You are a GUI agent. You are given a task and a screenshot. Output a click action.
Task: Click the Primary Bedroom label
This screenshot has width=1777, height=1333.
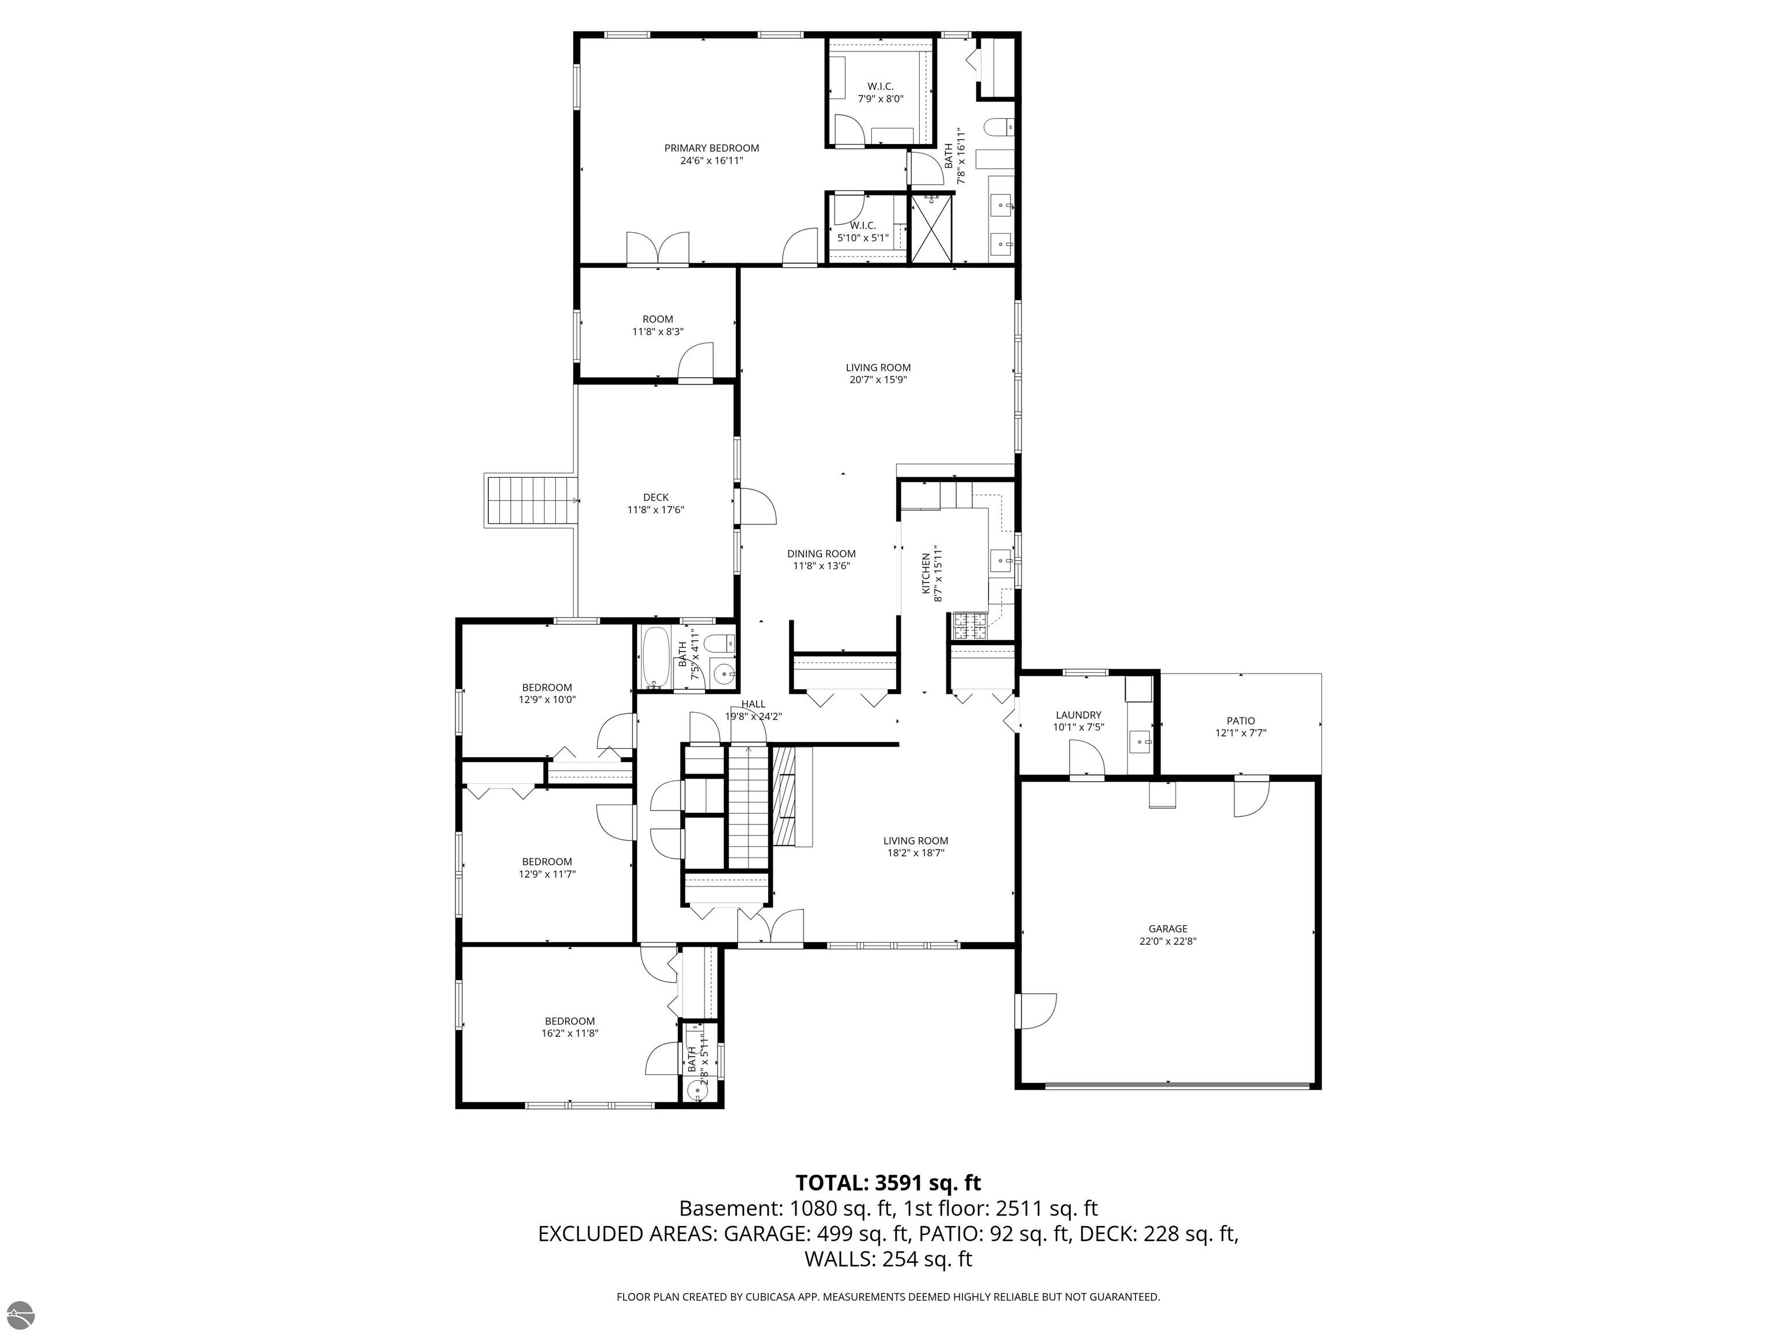(711, 148)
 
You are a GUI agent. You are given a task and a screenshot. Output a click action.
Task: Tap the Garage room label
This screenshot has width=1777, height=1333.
(1167, 929)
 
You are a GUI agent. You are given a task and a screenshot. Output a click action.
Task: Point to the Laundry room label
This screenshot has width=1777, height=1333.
(1078, 715)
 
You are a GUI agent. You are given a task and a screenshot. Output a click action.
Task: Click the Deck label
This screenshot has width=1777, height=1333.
(655, 498)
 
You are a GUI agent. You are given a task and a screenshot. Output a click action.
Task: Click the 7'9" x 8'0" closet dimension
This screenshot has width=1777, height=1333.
(880, 99)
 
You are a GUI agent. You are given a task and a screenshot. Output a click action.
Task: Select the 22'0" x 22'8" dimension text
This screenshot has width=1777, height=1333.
(1167, 942)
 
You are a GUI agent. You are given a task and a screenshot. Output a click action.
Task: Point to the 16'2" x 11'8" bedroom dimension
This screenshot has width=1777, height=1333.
(570, 1033)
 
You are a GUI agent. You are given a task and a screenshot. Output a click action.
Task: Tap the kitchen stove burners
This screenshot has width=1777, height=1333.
(969, 627)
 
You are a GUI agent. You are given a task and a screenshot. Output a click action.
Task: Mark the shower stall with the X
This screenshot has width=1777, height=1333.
(932, 227)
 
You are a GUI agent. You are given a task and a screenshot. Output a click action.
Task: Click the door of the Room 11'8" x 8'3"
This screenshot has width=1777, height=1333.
(696, 360)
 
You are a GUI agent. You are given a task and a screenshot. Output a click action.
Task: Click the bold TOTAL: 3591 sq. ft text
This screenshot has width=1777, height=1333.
(888, 1183)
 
